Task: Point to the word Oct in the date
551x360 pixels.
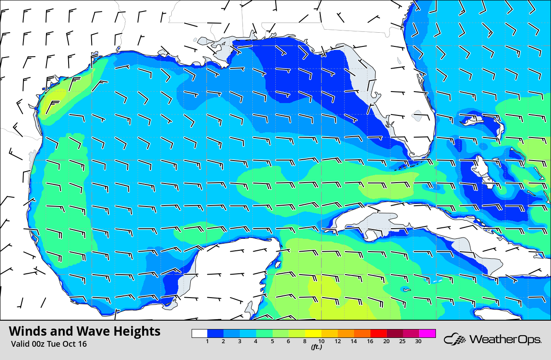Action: coord(67,344)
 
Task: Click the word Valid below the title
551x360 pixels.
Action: coord(19,344)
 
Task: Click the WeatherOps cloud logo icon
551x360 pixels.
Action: coord(455,339)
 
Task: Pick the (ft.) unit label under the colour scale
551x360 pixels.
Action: coord(316,347)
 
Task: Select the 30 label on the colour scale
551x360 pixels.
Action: coord(418,341)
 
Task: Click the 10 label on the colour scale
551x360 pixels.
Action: coord(321,341)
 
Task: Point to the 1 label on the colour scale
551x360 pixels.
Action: coord(208,341)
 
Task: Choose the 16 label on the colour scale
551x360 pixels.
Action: coord(370,341)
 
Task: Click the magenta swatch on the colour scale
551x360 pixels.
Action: coord(428,333)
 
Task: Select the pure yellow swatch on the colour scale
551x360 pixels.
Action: coord(313,333)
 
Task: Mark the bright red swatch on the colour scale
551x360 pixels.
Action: coord(378,333)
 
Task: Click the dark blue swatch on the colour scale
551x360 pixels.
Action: coord(216,333)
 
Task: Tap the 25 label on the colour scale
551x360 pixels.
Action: coord(402,341)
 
